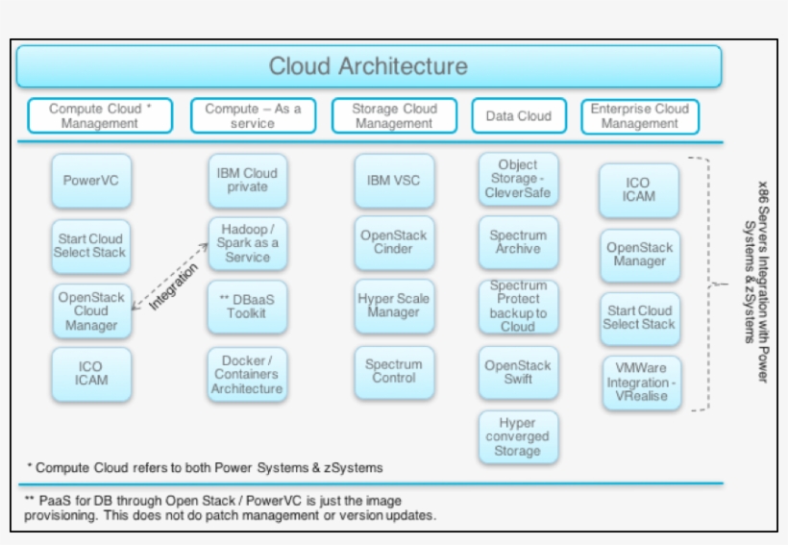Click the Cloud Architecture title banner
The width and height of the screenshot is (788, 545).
click(368, 66)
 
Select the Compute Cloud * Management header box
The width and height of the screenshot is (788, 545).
click(100, 116)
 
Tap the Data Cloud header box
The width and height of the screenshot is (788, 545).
click(518, 116)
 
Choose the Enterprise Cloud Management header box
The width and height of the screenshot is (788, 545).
click(639, 116)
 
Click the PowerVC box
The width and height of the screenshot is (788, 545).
click(90, 180)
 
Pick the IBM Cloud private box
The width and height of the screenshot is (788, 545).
click(247, 180)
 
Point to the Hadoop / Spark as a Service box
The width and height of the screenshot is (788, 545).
click(247, 243)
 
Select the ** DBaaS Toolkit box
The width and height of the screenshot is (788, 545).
click(247, 306)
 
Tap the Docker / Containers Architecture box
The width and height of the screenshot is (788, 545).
click(247, 375)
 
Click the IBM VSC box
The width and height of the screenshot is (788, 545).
click(393, 180)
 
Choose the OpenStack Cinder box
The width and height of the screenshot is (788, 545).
click(393, 242)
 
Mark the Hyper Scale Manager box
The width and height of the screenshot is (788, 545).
click(393, 306)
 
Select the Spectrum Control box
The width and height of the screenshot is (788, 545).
click(393, 371)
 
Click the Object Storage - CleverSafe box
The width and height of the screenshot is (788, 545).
click(518, 180)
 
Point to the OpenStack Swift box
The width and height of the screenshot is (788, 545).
click(518, 372)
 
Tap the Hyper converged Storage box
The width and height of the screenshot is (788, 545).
click(518, 437)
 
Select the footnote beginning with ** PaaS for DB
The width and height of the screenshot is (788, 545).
click(231, 508)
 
